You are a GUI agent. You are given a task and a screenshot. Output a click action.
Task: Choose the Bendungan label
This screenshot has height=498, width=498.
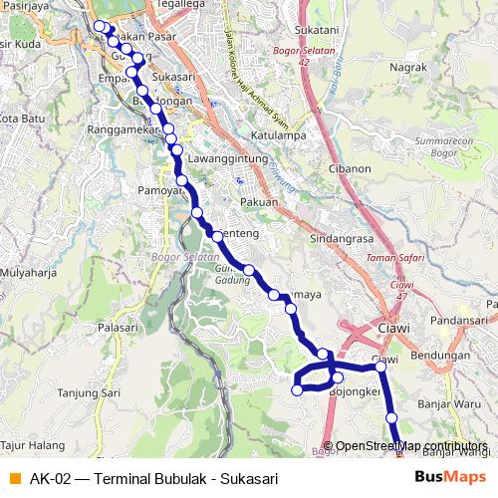[439, 355]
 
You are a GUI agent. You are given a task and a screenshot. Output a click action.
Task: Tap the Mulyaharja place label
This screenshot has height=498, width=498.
[28, 271]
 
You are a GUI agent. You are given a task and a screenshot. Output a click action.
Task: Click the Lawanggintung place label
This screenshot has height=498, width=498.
[229, 159]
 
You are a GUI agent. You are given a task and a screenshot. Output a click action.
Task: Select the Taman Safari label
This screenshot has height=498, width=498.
[395, 258]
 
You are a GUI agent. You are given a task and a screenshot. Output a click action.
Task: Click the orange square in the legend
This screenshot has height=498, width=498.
[14, 477]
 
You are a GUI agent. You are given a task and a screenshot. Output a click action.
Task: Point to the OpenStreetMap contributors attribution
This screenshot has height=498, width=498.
[411, 445]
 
